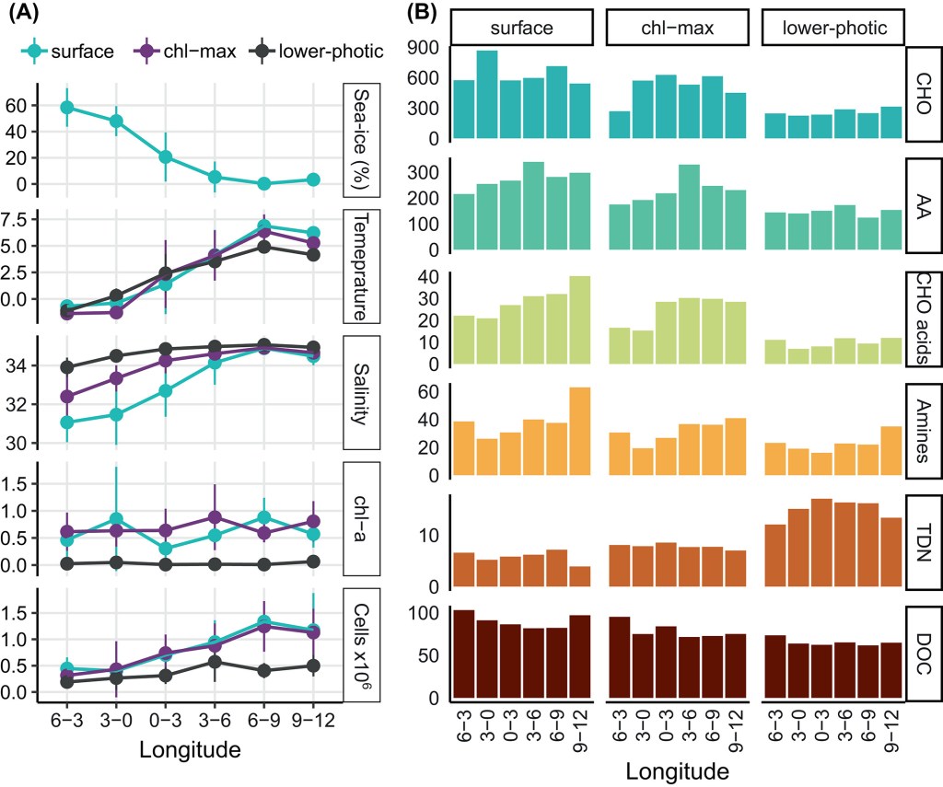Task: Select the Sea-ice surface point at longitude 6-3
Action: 67,108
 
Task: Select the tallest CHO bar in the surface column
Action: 486,95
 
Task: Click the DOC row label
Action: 924,654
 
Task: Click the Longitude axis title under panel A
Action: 191,750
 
